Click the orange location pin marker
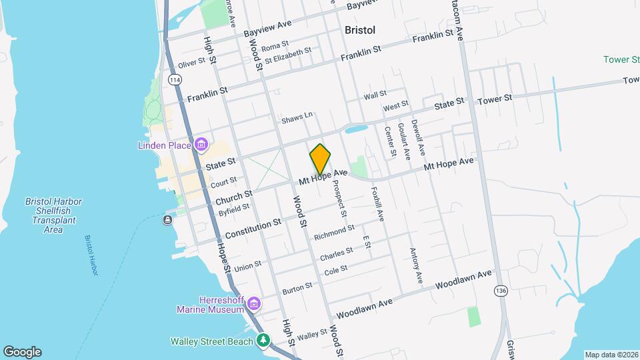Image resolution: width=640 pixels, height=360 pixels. pyautogui.click(x=320, y=159)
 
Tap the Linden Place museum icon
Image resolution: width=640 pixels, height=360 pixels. pyautogui.click(x=200, y=145)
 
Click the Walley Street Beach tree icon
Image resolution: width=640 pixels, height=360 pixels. pyautogui.click(x=264, y=341)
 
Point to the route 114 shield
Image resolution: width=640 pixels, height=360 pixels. pyautogui.click(x=175, y=80)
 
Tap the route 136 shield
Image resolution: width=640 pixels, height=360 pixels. pyautogui.click(x=500, y=291)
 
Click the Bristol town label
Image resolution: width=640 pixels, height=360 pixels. pyautogui.click(x=360, y=30)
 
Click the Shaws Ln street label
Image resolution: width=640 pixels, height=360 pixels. pyautogui.click(x=297, y=117)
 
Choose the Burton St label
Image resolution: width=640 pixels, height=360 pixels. pyautogui.click(x=297, y=287)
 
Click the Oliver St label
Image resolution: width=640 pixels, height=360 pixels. pyautogui.click(x=191, y=63)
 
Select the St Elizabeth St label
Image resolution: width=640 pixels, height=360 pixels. pyautogui.click(x=288, y=55)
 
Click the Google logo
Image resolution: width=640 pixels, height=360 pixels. pyautogui.click(x=22, y=352)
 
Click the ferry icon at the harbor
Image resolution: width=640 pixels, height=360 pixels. pyautogui.click(x=167, y=220)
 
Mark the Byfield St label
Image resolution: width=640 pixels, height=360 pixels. pyautogui.click(x=233, y=210)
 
